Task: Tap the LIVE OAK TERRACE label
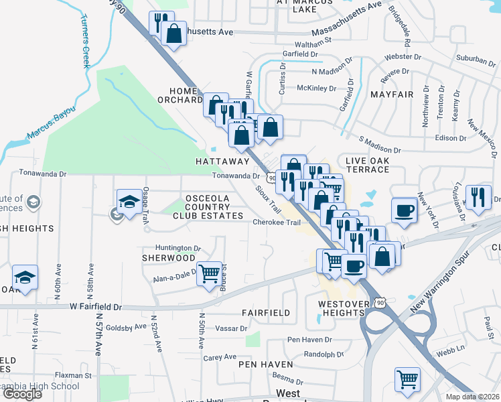point(367,165)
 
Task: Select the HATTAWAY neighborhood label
point(222,161)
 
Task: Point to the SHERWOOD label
point(169,258)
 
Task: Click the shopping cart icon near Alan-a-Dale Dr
point(210,273)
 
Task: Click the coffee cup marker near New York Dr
point(404,209)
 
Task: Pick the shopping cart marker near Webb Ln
point(407,380)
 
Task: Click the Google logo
point(22,394)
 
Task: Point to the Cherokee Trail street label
point(273,222)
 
